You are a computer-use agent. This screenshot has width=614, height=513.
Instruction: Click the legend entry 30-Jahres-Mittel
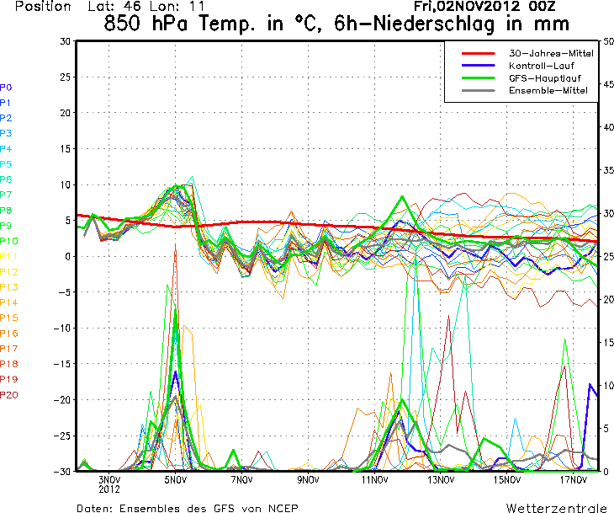point(551,53)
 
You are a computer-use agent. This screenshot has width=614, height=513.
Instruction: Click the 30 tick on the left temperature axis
point(65,40)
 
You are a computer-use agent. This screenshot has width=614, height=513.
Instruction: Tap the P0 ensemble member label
point(6,87)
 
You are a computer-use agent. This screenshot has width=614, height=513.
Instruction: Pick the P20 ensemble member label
point(9,394)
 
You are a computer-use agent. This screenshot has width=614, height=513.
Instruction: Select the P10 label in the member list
point(9,241)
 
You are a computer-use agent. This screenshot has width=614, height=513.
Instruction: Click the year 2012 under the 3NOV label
point(110,489)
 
